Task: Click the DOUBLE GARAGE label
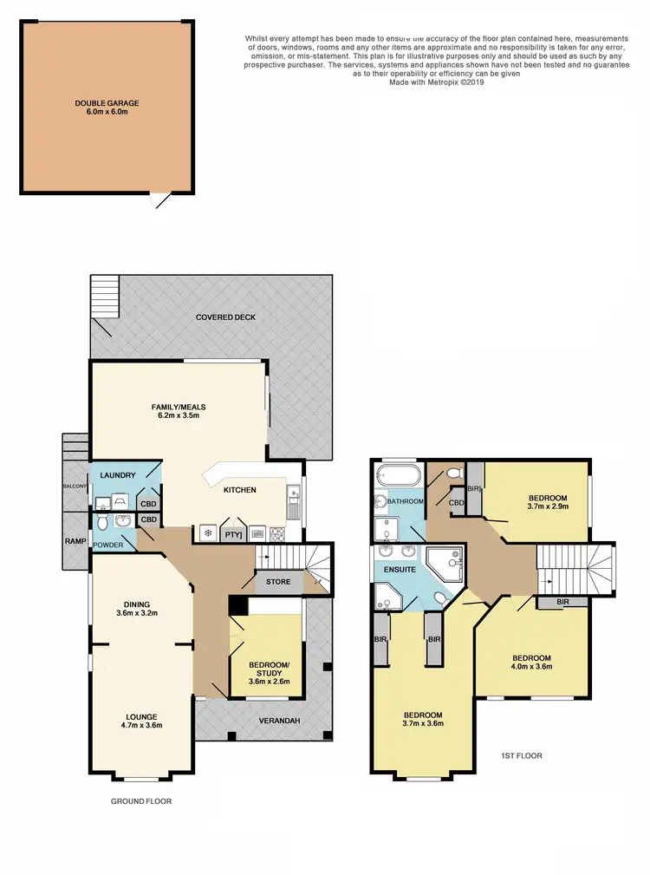[107, 108]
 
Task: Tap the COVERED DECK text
[226, 317]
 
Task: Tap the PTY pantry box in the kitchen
[233, 534]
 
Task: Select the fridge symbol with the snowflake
[208, 533]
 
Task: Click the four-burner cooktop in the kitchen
[279, 534]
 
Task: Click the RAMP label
[74, 539]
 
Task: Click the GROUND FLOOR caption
[141, 801]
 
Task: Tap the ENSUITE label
[399, 570]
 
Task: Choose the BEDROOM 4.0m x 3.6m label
[530, 662]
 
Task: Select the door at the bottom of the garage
[157, 200]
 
